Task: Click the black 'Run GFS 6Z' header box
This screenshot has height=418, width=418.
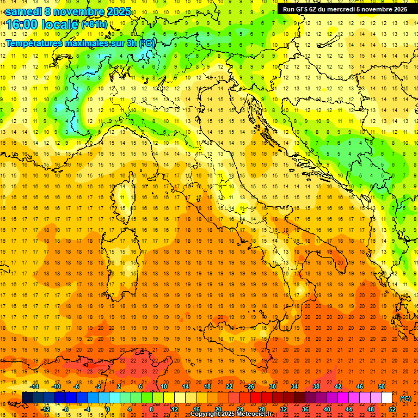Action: (346, 9)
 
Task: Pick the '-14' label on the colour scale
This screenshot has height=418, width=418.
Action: (35, 386)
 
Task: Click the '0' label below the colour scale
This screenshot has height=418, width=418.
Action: (107, 409)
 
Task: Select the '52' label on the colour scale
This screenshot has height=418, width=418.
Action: (392, 409)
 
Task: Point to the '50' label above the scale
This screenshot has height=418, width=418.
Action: (382, 386)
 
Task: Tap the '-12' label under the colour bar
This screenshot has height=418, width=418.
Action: (46, 409)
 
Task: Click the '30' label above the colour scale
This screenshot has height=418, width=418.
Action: (273, 386)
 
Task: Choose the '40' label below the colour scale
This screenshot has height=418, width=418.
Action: (327, 409)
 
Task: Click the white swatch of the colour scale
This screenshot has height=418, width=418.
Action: (386, 398)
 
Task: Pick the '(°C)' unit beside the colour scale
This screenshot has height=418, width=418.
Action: (405, 398)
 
